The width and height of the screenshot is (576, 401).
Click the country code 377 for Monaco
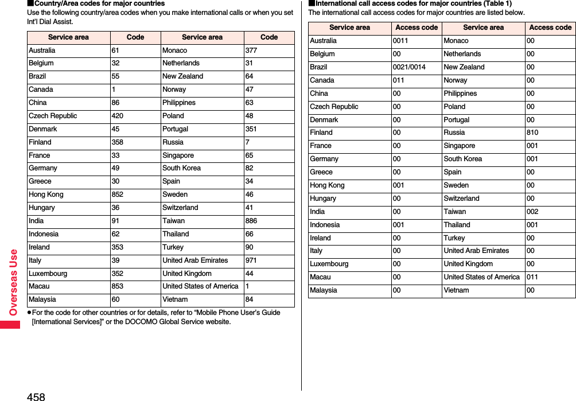click(251, 50)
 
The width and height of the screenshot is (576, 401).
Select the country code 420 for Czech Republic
click(117, 116)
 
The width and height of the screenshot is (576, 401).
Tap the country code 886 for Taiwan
click(251, 221)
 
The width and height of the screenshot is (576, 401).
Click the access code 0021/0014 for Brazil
click(408, 67)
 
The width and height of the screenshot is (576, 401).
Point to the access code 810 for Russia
click(532, 133)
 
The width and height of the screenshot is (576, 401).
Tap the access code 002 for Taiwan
click(532, 212)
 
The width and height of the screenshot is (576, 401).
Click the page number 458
click(35, 396)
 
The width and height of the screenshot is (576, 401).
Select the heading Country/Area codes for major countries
click(99, 3)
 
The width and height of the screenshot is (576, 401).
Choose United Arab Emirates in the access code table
click(476, 251)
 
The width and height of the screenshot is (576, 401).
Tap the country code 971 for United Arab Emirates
click(251, 260)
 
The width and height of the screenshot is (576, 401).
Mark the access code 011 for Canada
click(398, 80)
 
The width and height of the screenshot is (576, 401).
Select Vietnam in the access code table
click(456, 290)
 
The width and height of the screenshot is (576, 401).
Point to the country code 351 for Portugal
click(251, 129)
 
